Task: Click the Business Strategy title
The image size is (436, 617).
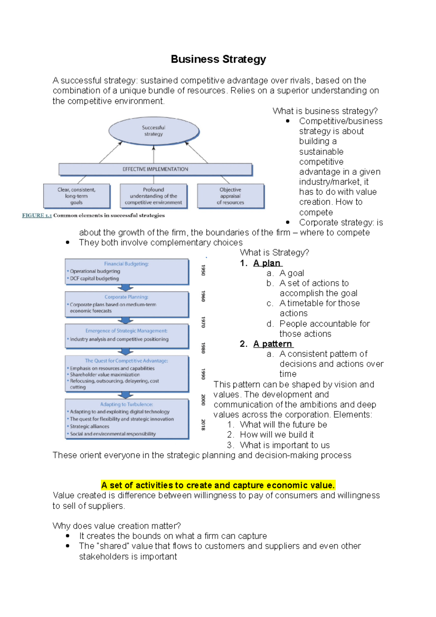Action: [218, 59]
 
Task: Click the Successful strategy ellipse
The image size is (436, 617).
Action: [154, 131]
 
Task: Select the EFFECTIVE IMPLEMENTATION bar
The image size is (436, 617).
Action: [155, 169]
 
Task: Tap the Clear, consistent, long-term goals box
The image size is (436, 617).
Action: [76, 196]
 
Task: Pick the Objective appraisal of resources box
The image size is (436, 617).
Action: [230, 196]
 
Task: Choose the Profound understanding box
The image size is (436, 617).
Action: [153, 196]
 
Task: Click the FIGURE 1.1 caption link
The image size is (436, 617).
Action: [37, 215]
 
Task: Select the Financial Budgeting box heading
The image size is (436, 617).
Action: [126, 264]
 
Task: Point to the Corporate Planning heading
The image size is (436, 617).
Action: [126, 297]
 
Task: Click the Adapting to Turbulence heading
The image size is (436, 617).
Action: [126, 404]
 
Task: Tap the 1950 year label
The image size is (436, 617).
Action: [203, 270]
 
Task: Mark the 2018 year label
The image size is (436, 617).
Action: [203, 424]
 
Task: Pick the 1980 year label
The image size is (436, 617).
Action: [203, 348]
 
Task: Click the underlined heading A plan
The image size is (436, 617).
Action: [267, 263]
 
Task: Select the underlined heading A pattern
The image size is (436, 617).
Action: [273, 344]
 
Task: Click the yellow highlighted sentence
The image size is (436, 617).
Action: [218, 485]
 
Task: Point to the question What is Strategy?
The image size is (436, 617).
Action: [274, 253]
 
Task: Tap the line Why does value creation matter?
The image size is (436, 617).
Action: [117, 526]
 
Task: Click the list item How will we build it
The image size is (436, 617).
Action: [277, 435]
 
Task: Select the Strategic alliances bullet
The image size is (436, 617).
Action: [89, 427]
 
